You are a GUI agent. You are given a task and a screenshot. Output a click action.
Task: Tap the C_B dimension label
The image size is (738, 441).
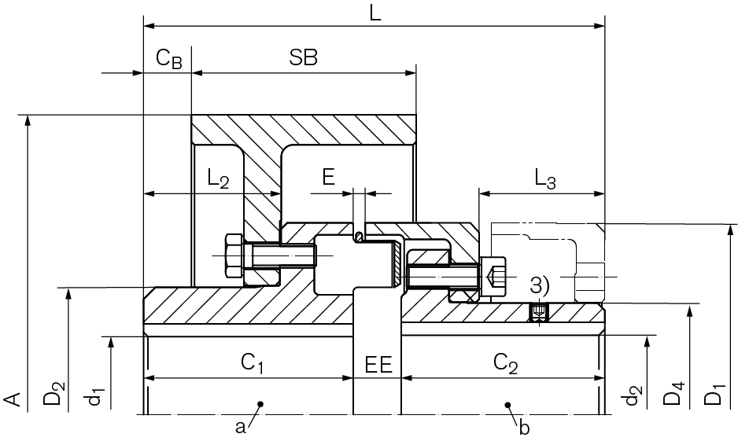pyautogui.click(x=168, y=58)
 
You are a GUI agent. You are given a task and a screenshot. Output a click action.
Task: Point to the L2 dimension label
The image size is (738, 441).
pyautogui.click(x=218, y=179)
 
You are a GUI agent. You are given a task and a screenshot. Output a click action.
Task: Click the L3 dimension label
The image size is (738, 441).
pyautogui.click(x=544, y=179)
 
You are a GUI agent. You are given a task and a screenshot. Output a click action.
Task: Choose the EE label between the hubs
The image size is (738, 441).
pyautogui.click(x=378, y=364)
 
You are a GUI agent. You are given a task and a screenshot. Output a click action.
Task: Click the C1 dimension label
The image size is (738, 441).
pyautogui.click(x=252, y=363)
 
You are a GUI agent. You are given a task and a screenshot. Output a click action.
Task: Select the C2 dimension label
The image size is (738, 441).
pyautogui.click(x=505, y=363)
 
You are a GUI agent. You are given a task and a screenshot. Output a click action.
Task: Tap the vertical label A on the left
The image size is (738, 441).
pyautogui.click(x=14, y=399)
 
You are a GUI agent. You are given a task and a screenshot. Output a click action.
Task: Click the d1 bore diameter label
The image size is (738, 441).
pyautogui.click(x=96, y=395)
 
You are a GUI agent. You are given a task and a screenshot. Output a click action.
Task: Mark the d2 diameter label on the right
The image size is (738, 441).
pyautogui.click(x=632, y=395)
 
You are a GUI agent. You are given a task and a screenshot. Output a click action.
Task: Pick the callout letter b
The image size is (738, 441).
pyautogui.click(x=524, y=428)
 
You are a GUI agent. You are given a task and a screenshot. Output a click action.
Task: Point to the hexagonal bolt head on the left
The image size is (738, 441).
pyautogui.click(x=234, y=255)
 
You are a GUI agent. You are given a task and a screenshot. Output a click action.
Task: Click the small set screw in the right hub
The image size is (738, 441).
pyautogui.click(x=538, y=313)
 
